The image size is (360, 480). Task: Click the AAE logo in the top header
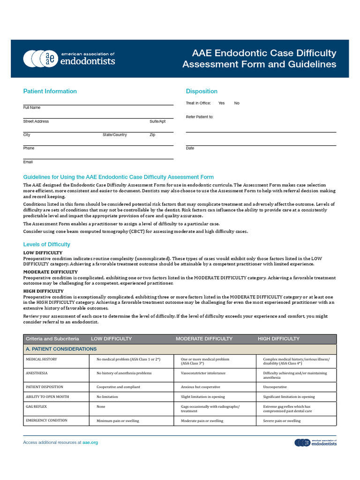point(69,58)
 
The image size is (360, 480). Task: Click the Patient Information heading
point(50,91)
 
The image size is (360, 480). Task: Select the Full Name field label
point(32,108)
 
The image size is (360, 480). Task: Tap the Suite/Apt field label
point(157,121)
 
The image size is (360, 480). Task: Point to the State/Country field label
point(115,135)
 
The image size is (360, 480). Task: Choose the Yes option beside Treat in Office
point(221,103)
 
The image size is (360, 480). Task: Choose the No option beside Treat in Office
point(237,103)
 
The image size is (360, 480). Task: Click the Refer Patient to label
point(200,117)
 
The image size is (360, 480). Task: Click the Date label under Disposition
point(190,148)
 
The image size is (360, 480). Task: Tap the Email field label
point(28,162)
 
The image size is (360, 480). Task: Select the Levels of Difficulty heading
point(47,244)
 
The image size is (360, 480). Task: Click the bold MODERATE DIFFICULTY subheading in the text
point(51,272)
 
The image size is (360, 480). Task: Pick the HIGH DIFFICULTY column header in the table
point(278,338)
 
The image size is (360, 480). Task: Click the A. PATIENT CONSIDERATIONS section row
point(61,349)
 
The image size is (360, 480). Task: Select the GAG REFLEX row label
point(37,406)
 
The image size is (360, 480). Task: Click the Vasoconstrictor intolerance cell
point(203,373)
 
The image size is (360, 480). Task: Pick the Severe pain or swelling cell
point(282,421)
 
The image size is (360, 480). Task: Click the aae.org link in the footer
point(90,442)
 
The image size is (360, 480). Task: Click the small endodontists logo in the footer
point(315,442)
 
